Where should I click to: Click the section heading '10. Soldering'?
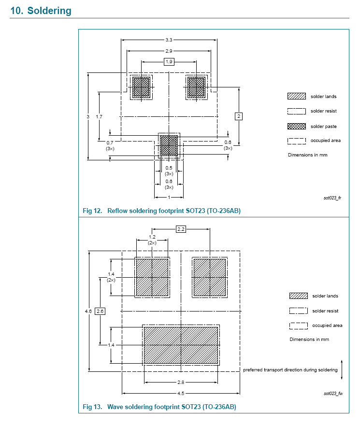coord(41,11)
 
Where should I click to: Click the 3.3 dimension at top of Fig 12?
coord(169,40)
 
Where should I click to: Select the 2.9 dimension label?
coord(169,51)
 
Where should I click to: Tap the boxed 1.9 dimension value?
coord(169,62)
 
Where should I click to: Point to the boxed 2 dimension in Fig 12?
coord(239,116)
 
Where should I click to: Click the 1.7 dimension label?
coord(99,116)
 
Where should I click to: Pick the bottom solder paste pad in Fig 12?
coord(169,145)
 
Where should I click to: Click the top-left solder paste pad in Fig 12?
coord(141,87)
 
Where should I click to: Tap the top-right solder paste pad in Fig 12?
coord(196,87)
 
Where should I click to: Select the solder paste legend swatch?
coord(297,127)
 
